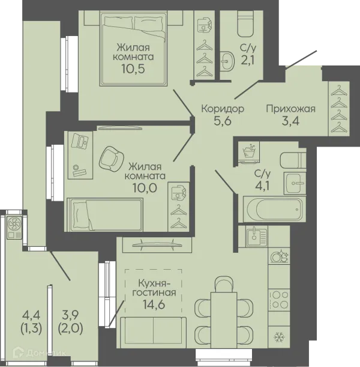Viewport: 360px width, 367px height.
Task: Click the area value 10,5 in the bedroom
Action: pos(133,68)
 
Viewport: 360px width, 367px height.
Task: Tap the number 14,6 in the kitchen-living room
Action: pos(154,305)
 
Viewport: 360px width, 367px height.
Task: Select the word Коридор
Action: pos(223,109)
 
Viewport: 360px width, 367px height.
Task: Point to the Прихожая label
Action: pos(291,109)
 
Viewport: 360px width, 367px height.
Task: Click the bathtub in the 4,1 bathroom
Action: pos(274,209)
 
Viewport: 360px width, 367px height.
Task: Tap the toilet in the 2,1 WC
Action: pos(245,23)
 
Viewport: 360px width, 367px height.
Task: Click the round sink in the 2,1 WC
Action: pos(227,61)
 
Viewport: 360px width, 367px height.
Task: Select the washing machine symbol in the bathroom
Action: pos(249,152)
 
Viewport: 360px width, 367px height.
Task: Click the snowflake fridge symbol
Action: pos(279,337)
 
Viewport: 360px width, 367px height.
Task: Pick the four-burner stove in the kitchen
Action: pos(279,300)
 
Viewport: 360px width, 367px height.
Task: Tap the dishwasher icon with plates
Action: pos(280,256)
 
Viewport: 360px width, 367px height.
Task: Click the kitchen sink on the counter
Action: pos(256,237)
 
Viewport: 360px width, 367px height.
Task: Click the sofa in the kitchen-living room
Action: pos(154,333)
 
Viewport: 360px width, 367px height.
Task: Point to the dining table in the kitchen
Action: pos(224,320)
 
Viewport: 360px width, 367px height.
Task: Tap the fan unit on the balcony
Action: pos(15,227)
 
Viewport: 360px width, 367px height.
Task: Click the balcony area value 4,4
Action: pos(31,315)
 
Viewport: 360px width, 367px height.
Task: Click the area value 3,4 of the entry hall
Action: pos(290,121)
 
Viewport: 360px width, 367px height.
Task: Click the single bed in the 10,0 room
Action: pos(105,215)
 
